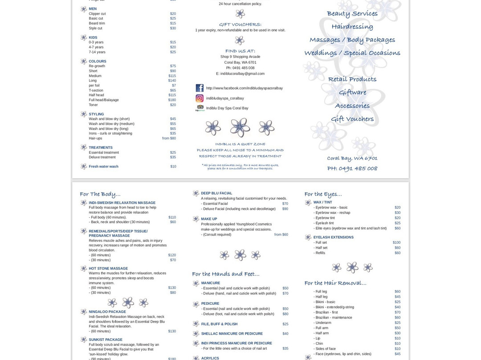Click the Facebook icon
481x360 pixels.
200,88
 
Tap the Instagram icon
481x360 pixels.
200,98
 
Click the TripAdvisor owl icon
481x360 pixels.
200,108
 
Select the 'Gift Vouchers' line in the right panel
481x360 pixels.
352,119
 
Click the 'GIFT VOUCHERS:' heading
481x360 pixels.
240,25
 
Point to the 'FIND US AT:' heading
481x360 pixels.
240,51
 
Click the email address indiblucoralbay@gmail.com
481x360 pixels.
240,74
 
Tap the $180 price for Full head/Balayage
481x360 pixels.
172,100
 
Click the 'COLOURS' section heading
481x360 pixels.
97,61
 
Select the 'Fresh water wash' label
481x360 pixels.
103,166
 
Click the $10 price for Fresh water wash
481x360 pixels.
173,166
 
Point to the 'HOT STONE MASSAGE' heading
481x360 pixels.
108,268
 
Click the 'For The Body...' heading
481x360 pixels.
100,194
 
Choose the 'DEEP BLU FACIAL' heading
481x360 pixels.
216,193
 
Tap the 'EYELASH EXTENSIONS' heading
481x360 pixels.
333,237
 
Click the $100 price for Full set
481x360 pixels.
396,242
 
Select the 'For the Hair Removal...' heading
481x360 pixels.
335,283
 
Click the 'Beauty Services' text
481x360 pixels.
352,13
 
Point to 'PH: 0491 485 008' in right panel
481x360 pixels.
352,168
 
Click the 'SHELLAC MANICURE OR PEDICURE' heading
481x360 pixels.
232,333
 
